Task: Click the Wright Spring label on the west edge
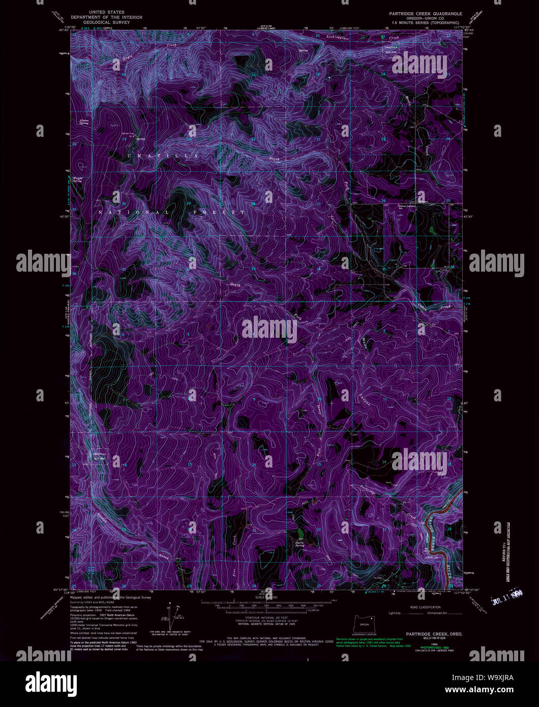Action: tap(77, 179)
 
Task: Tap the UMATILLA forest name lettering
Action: tap(163, 156)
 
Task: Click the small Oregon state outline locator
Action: tap(364, 622)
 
